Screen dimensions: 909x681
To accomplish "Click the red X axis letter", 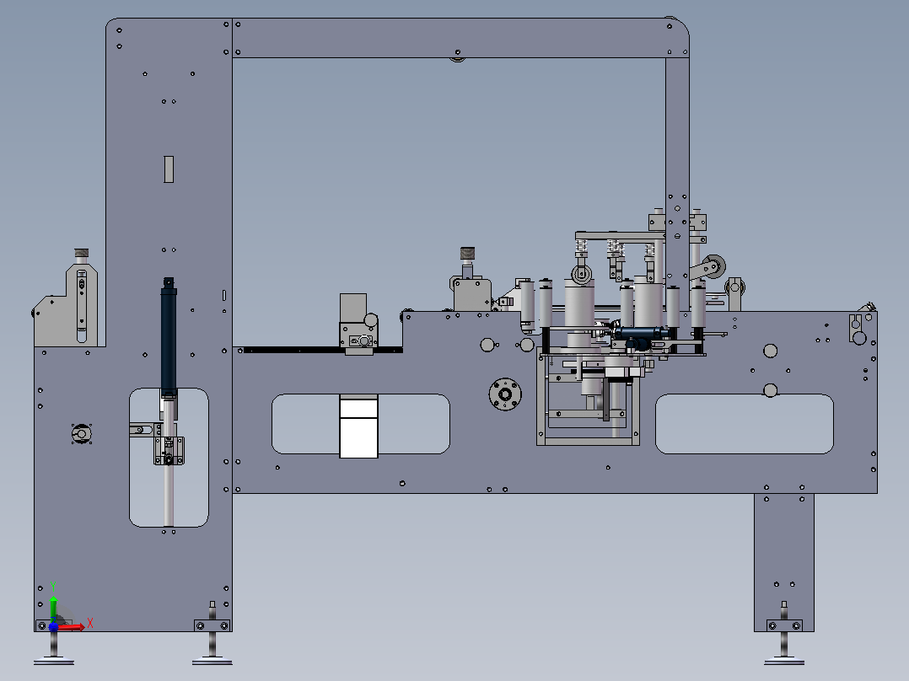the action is click(90, 624).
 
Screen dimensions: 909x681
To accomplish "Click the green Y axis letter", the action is click(53, 587).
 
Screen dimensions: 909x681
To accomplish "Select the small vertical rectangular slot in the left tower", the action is click(169, 169).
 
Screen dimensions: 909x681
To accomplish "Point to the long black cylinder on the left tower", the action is click(169, 337).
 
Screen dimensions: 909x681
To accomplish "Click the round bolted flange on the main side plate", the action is click(505, 394).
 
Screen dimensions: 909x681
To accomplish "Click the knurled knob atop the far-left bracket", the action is click(82, 254).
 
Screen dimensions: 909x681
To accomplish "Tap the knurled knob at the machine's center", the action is click(467, 254).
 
